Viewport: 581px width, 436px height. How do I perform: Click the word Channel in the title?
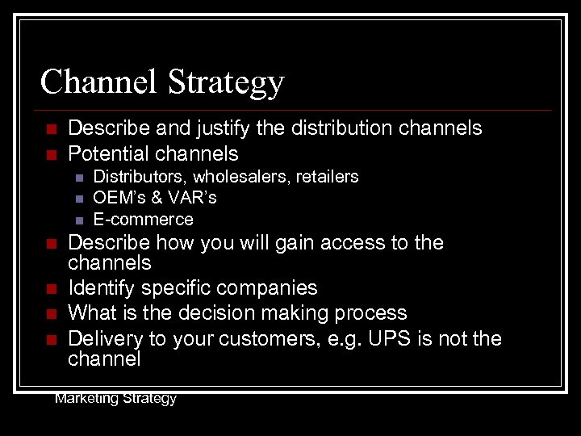(x=99, y=82)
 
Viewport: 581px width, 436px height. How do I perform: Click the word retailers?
(x=327, y=177)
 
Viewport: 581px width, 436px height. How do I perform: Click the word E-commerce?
(x=143, y=220)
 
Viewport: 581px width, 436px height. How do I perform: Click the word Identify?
(x=101, y=288)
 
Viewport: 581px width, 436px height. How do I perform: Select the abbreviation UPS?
(x=390, y=338)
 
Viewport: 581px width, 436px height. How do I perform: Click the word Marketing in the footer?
(x=86, y=398)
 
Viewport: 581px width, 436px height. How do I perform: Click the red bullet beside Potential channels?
(x=51, y=154)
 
